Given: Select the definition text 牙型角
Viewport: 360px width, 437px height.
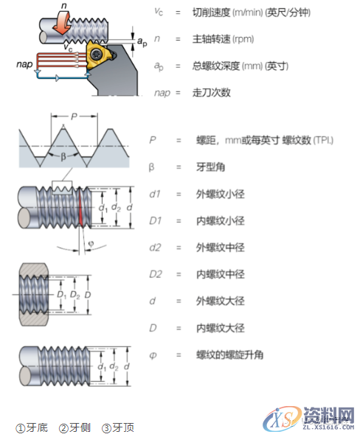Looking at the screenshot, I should (208, 167).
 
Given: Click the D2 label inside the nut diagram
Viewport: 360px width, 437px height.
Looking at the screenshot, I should (72, 296).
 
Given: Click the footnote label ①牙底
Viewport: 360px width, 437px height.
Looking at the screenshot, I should (32, 428).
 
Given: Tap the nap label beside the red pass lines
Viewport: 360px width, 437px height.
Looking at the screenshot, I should (24, 66).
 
